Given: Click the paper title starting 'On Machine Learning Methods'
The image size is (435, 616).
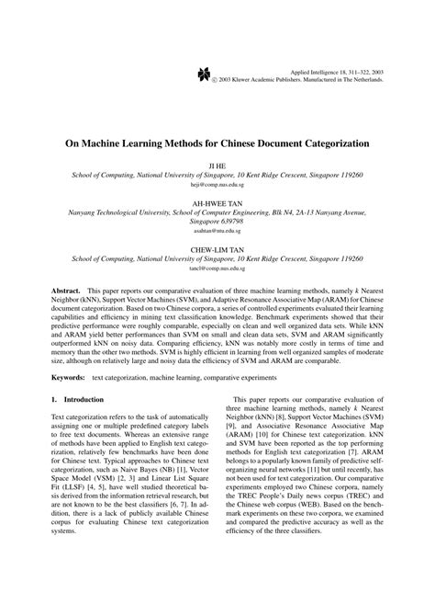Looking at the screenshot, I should [217, 144].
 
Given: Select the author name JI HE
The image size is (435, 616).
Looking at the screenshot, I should [217, 164].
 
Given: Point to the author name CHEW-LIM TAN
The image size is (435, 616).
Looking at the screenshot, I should [217, 248].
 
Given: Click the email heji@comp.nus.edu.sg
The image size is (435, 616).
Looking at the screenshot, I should [217, 185].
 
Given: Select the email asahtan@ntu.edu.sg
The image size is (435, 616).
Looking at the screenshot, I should [217, 233].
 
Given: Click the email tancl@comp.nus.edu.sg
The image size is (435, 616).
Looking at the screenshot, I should [217, 270].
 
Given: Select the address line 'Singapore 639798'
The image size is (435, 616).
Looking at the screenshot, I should [217, 222].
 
